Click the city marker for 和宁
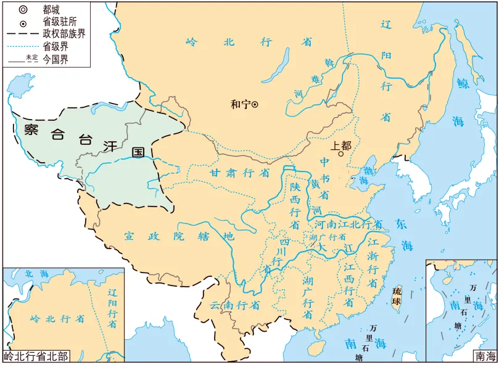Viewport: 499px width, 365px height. point(255,104)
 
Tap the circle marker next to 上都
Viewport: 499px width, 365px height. point(340,155)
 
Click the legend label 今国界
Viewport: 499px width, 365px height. point(55,59)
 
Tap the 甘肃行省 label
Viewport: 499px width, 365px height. point(239,173)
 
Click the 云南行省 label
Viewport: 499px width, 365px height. point(234,305)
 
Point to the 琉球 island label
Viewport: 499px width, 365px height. point(397,296)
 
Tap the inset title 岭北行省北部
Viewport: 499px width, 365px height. point(36,356)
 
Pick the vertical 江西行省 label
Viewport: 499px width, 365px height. point(349,285)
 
